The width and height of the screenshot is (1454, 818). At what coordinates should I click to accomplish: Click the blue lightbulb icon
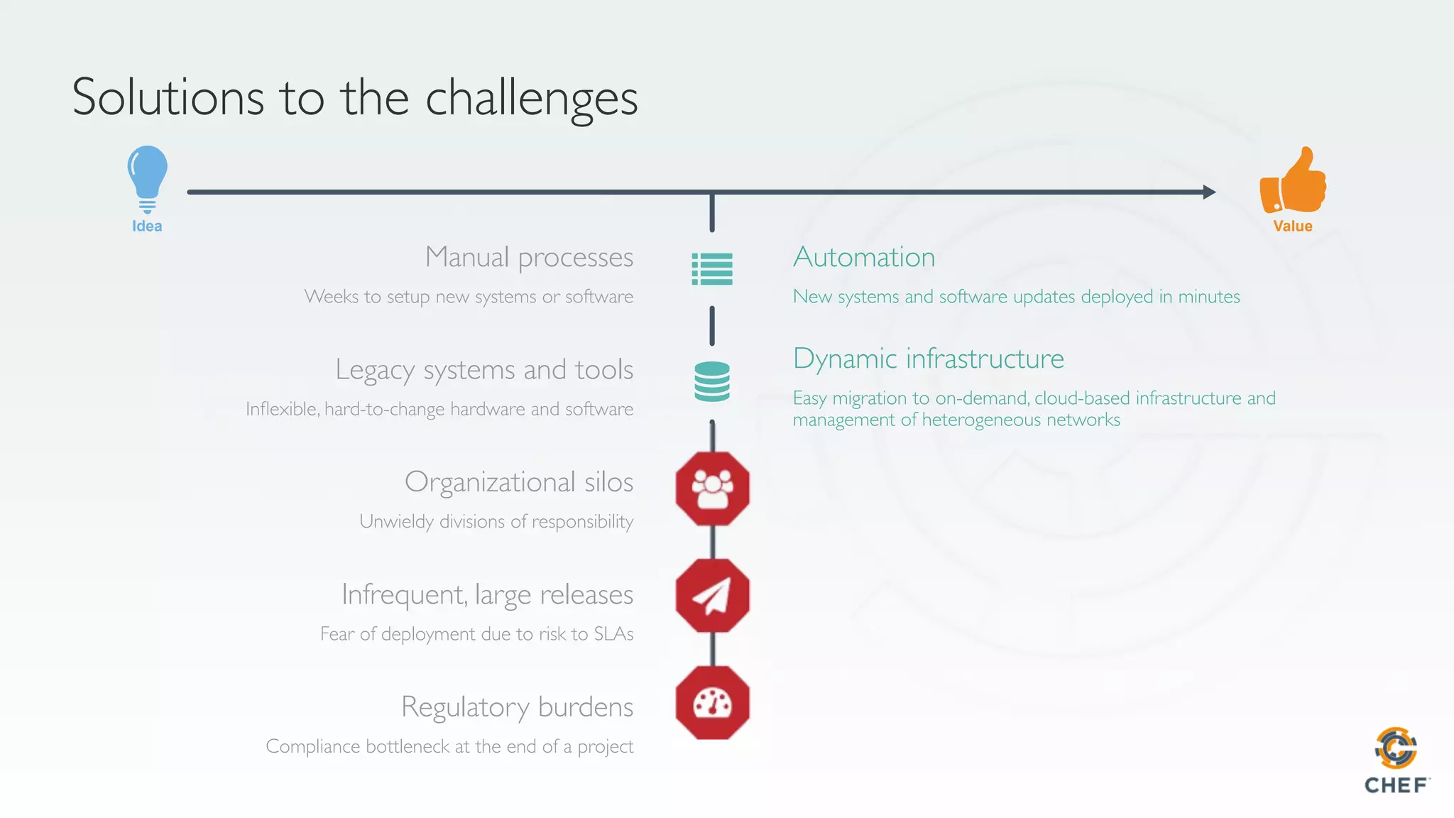pos(148,178)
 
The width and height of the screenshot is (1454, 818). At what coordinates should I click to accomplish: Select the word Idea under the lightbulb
pos(147,226)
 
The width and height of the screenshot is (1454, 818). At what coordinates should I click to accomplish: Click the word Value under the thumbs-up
pos(1292,226)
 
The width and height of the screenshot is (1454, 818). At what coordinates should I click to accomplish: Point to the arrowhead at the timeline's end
pos(1210,192)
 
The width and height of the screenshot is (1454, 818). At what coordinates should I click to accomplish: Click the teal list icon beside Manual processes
pos(712,269)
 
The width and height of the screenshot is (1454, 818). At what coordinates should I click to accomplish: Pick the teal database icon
pos(712,381)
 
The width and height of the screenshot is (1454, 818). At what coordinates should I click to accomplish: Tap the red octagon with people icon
pos(712,489)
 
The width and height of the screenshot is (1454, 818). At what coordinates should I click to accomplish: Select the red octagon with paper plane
pos(712,595)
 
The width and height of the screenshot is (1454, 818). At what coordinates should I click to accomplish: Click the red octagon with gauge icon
pos(712,703)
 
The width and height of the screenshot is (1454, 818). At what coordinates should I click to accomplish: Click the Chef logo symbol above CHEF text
pos(1396,748)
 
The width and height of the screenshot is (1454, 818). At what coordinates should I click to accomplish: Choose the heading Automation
pos(864,257)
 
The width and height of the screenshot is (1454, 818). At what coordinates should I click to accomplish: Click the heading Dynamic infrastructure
pos(928,359)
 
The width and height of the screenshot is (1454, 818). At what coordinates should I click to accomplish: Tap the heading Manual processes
pos(529,257)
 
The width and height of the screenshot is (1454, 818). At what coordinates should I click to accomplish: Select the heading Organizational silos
pos(518,482)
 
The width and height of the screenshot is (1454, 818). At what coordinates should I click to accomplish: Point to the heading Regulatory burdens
pos(517,707)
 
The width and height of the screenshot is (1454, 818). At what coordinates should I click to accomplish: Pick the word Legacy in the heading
pos(375,370)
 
